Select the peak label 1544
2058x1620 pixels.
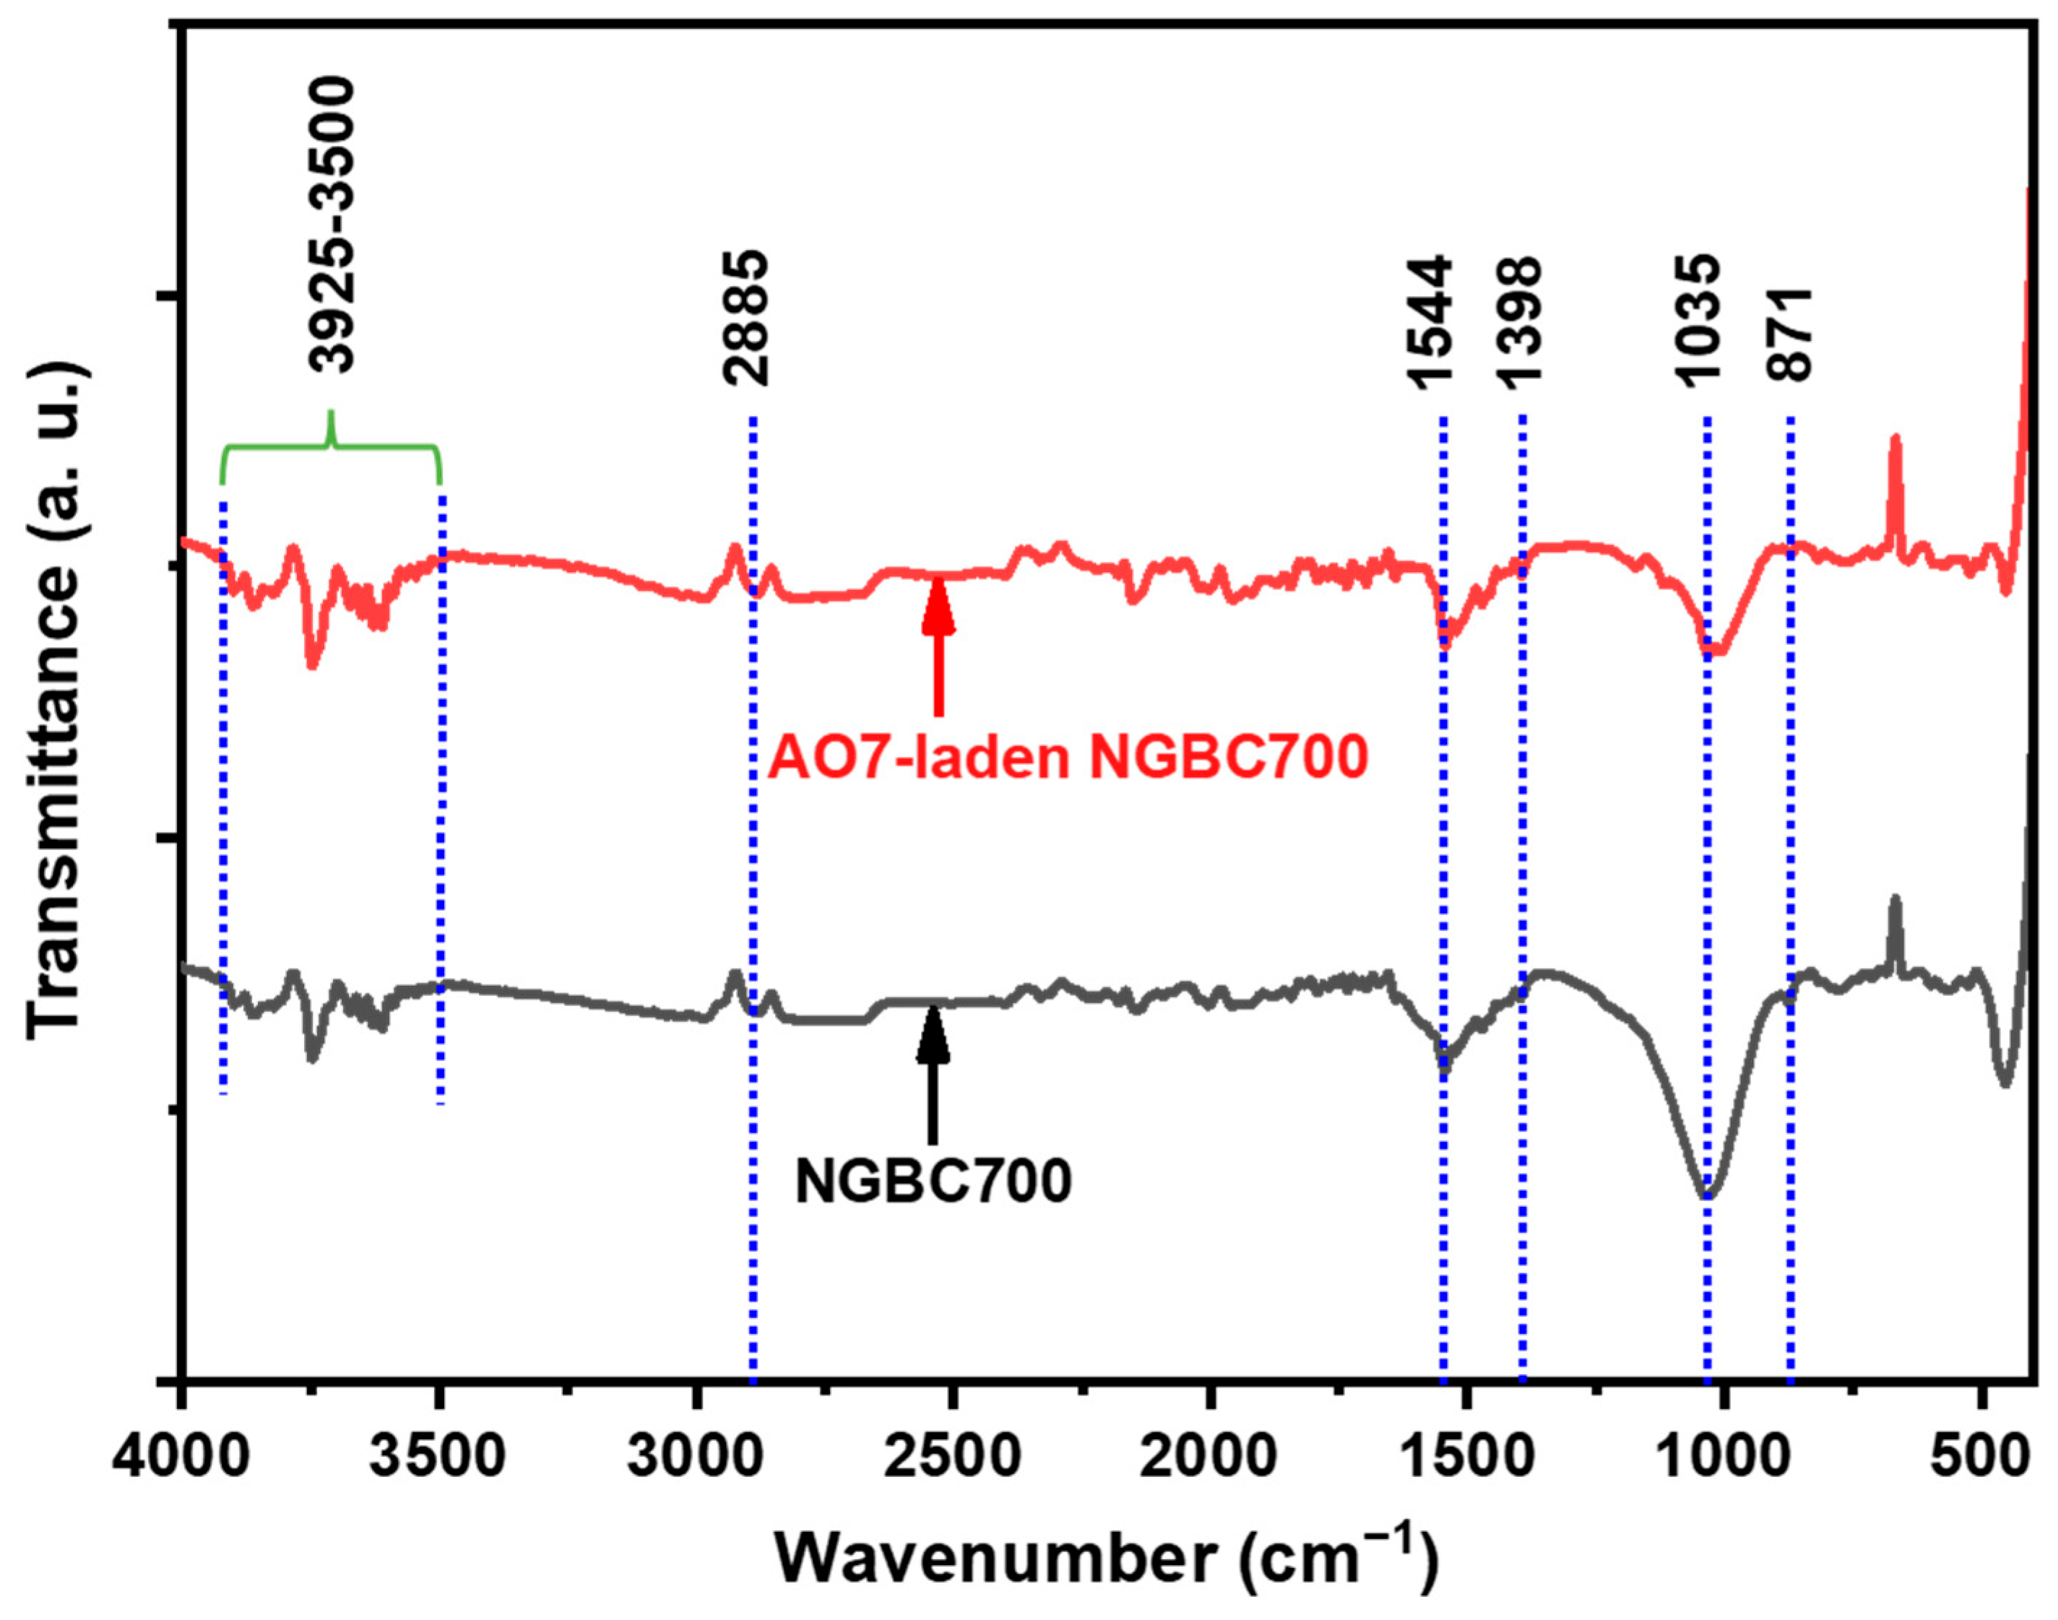click(1430, 322)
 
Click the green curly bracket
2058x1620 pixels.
click(331, 446)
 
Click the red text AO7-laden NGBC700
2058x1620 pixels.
click(1067, 759)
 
